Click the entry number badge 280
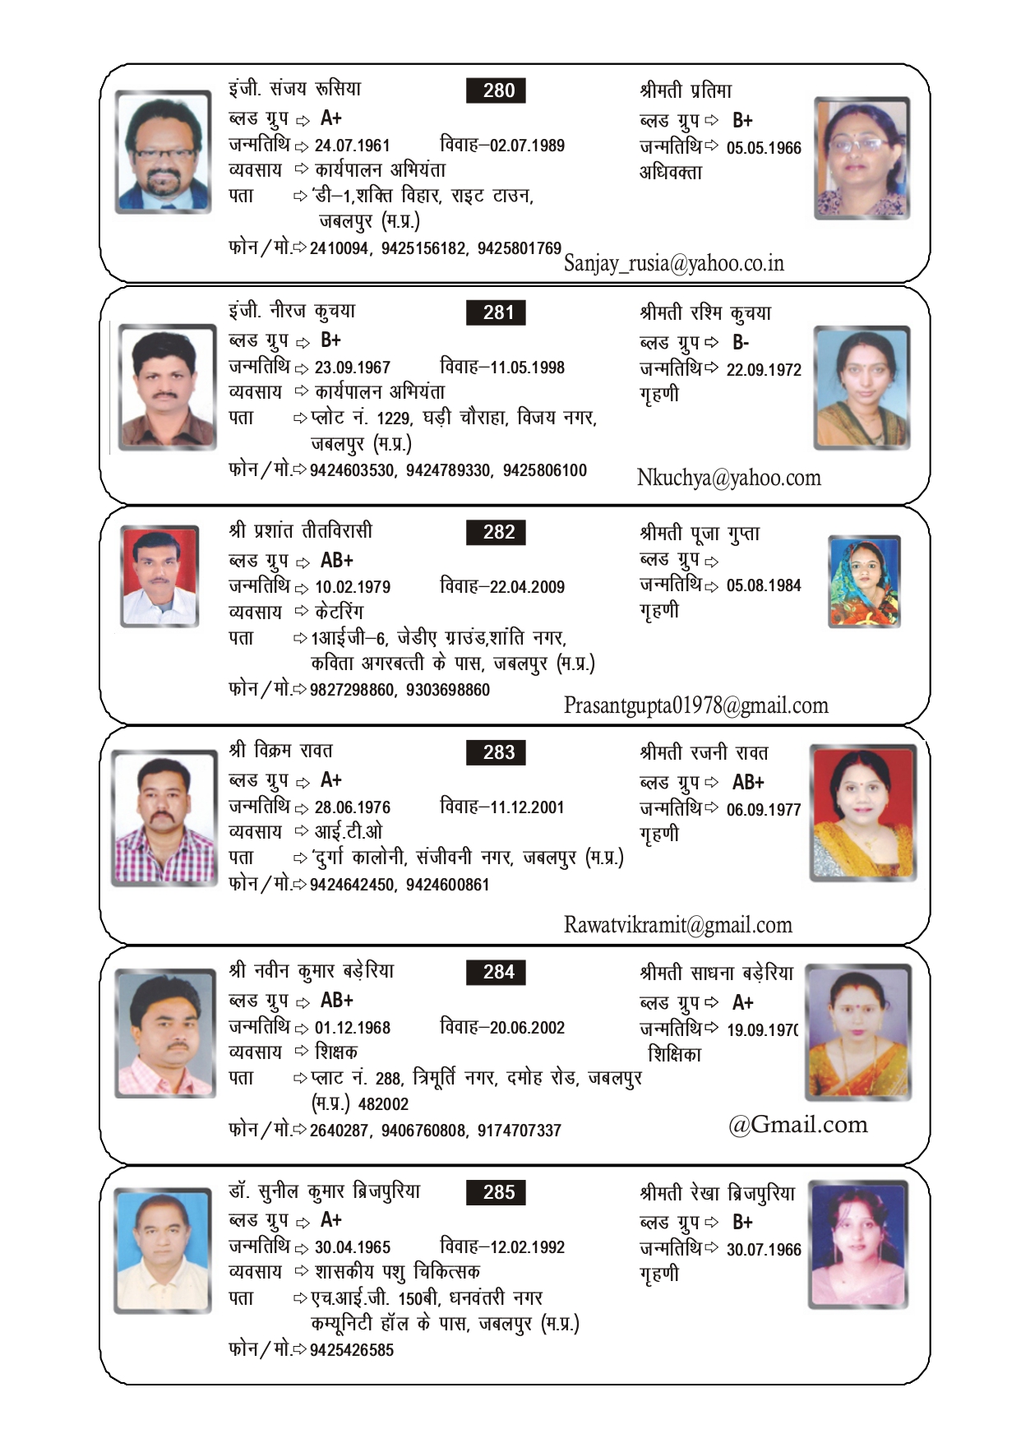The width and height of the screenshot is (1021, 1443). click(496, 90)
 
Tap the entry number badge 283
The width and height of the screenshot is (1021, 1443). click(496, 752)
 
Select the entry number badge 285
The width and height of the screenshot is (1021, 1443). click(496, 1192)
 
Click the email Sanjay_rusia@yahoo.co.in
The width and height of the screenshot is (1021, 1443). click(674, 263)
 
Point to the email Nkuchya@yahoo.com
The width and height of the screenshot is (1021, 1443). click(728, 478)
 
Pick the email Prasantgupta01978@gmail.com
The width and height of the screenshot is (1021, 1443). click(695, 705)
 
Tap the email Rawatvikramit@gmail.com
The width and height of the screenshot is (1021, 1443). click(677, 925)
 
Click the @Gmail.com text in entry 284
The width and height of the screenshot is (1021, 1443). click(797, 1124)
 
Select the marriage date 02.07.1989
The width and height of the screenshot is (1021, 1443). click(527, 146)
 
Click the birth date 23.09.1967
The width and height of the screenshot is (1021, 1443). click(352, 368)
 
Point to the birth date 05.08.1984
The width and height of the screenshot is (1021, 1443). click(763, 585)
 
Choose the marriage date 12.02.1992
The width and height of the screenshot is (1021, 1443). click(527, 1247)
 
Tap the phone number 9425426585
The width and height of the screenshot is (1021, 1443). click(351, 1350)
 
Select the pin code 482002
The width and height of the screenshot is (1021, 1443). click(383, 1104)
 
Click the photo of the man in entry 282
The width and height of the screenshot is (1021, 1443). click(159, 576)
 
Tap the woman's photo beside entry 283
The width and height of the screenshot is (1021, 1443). click(862, 812)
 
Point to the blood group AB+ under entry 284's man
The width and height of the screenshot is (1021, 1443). click(336, 1000)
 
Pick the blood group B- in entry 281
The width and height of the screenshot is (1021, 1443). click(741, 342)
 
